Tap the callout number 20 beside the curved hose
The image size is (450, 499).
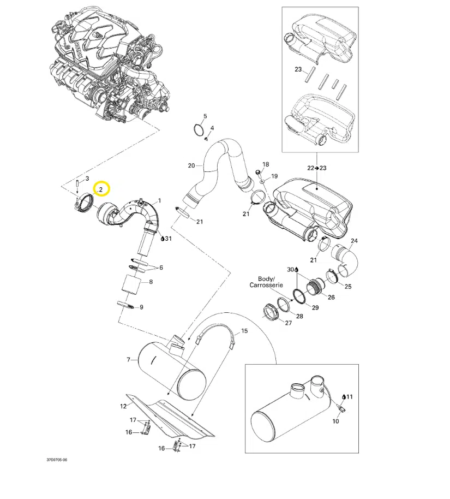tap(191, 165)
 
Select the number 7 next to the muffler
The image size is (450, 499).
tap(128, 360)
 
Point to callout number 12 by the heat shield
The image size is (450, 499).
tap(123, 406)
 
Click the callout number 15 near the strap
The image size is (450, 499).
tap(244, 331)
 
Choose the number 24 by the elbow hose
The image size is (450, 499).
tap(354, 241)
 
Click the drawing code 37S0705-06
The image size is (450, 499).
tap(57, 460)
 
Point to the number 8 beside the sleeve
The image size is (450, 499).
tap(151, 282)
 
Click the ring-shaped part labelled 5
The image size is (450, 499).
tap(197, 130)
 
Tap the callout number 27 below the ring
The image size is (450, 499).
tap(289, 323)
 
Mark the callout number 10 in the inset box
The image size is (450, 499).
tap(335, 421)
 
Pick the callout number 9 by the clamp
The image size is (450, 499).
tap(141, 307)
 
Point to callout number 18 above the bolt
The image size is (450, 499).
tap(266, 164)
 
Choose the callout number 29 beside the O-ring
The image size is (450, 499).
tap(315, 308)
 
